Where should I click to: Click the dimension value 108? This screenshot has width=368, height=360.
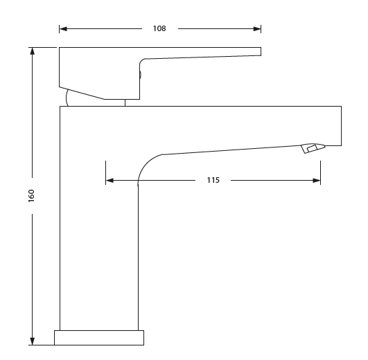(159, 28)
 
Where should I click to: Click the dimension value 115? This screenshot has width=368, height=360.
(213, 180)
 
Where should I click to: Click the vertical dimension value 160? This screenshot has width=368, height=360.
(31, 195)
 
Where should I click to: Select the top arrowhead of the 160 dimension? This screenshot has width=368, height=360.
(31, 51)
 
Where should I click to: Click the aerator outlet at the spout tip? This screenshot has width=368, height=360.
(312, 148)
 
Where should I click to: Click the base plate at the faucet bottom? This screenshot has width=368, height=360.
(99, 337)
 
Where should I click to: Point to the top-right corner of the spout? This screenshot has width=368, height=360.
(341, 107)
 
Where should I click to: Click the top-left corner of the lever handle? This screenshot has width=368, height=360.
(60, 48)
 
